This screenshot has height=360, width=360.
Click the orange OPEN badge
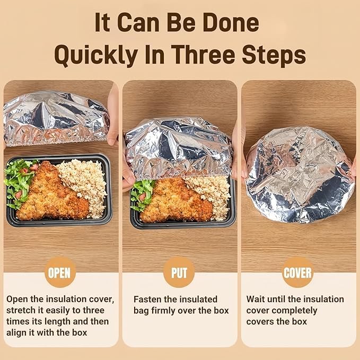(60, 273)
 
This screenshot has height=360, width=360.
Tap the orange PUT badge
(179, 273)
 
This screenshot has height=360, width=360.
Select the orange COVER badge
(298, 273)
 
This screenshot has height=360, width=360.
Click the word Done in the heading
(231, 23)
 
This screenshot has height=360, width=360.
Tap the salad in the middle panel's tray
(141, 195)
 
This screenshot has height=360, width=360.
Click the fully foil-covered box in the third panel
(299, 174)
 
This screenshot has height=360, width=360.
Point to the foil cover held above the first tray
(56, 118)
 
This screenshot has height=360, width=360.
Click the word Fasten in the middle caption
(147, 299)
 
